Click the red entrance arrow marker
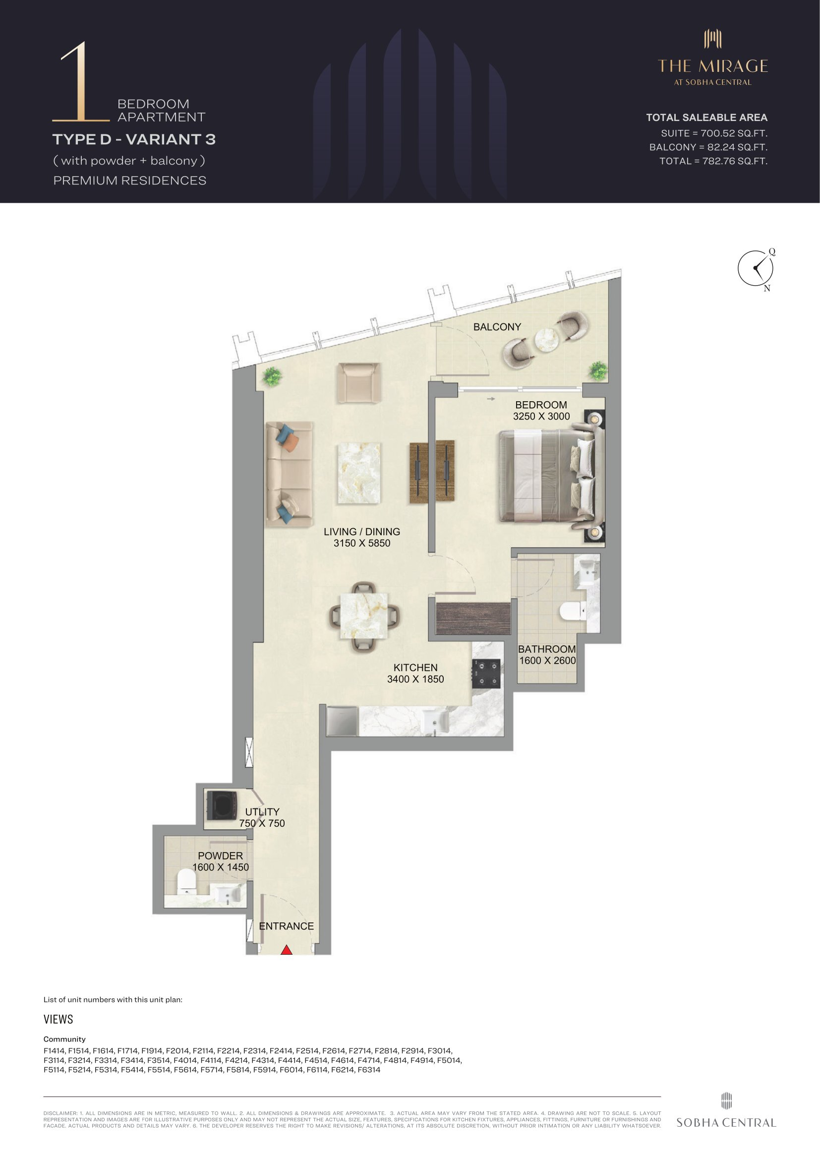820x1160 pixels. pos(286,950)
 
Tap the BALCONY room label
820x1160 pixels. pos(497,327)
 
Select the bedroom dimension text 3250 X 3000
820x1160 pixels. pos(541,416)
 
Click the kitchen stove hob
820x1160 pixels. pos(486,674)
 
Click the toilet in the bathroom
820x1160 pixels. pos(573,612)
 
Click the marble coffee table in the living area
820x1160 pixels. pos(359,474)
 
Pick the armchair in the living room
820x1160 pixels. pos(358,382)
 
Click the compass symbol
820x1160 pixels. pos(756,268)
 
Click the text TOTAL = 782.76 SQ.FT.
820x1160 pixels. pos(713,161)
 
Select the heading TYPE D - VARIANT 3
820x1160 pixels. pos(134,139)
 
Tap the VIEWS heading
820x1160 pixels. pos(58,1019)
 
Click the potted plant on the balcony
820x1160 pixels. pos(599,371)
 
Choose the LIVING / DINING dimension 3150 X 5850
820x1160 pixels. pos(361,543)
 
